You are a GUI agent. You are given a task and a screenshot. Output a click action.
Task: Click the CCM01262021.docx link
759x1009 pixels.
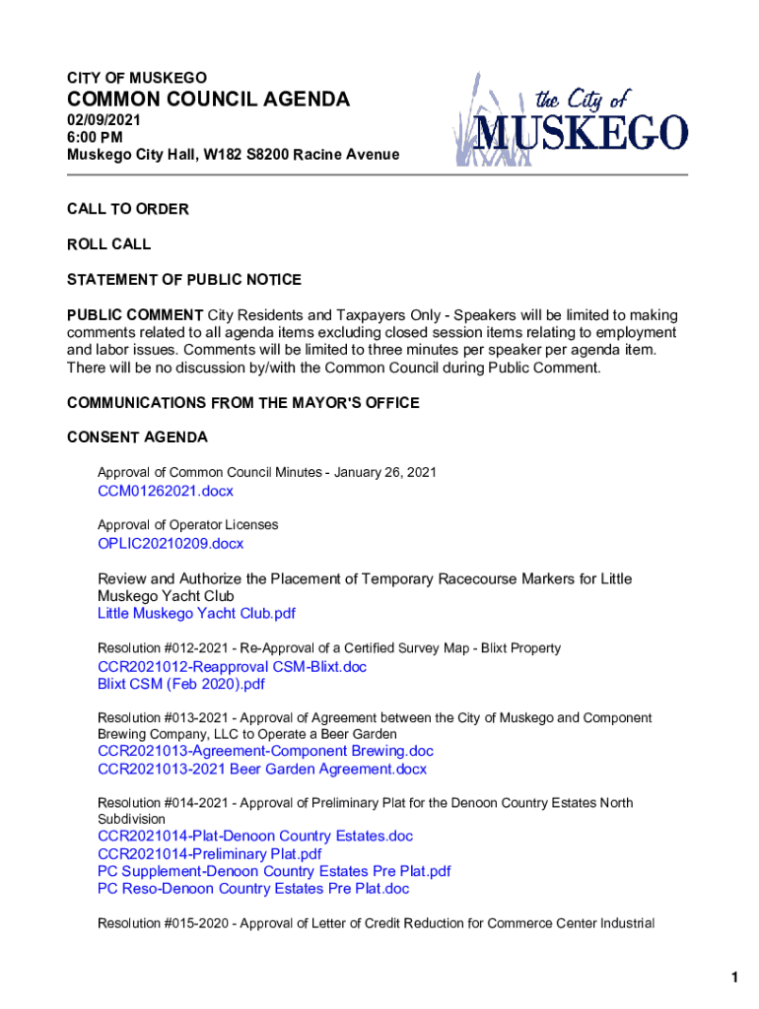(x=166, y=491)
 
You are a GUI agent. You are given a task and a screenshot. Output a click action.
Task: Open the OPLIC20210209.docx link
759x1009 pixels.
(x=171, y=543)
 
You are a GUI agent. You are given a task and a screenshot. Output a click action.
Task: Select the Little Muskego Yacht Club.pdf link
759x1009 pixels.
(x=196, y=613)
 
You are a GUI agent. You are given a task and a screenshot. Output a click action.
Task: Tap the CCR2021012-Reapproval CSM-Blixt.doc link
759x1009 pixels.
(x=232, y=666)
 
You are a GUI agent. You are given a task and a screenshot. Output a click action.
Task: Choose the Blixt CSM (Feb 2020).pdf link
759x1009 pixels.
(x=181, y=684)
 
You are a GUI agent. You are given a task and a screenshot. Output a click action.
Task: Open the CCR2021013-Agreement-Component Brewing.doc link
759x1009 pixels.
(x=265, y=751)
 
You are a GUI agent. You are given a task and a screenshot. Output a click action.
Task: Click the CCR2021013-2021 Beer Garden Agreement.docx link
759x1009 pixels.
(x=262, y=769)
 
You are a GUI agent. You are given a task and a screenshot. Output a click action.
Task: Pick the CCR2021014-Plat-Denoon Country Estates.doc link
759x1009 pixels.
(x=255, y=836)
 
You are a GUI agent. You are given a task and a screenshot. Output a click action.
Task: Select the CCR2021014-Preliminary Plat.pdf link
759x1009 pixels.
(x=209, y=853)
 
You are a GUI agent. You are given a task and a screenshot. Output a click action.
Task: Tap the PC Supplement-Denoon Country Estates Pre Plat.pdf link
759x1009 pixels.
(x=274, y=871)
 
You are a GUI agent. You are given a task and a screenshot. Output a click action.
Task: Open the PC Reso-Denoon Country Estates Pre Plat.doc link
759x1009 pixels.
(x=253, y=889)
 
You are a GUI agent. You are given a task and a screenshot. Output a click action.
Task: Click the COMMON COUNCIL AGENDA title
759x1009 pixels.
(x=208, y=100)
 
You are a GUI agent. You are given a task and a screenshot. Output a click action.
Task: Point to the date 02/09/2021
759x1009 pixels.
(x=103, y=120)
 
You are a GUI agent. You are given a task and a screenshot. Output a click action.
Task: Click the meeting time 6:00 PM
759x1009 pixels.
(x=96, y=137)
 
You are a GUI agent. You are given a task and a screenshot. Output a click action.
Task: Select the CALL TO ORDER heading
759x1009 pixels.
(x=127, y=209)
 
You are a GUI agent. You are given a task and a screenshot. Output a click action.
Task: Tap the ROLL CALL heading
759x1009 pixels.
(x=108, y=244)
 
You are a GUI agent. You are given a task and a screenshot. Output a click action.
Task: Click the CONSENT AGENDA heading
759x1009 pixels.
(x=137, y=437)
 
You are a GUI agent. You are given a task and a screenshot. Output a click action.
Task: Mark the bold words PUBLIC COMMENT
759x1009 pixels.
(x=135, y=315)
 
